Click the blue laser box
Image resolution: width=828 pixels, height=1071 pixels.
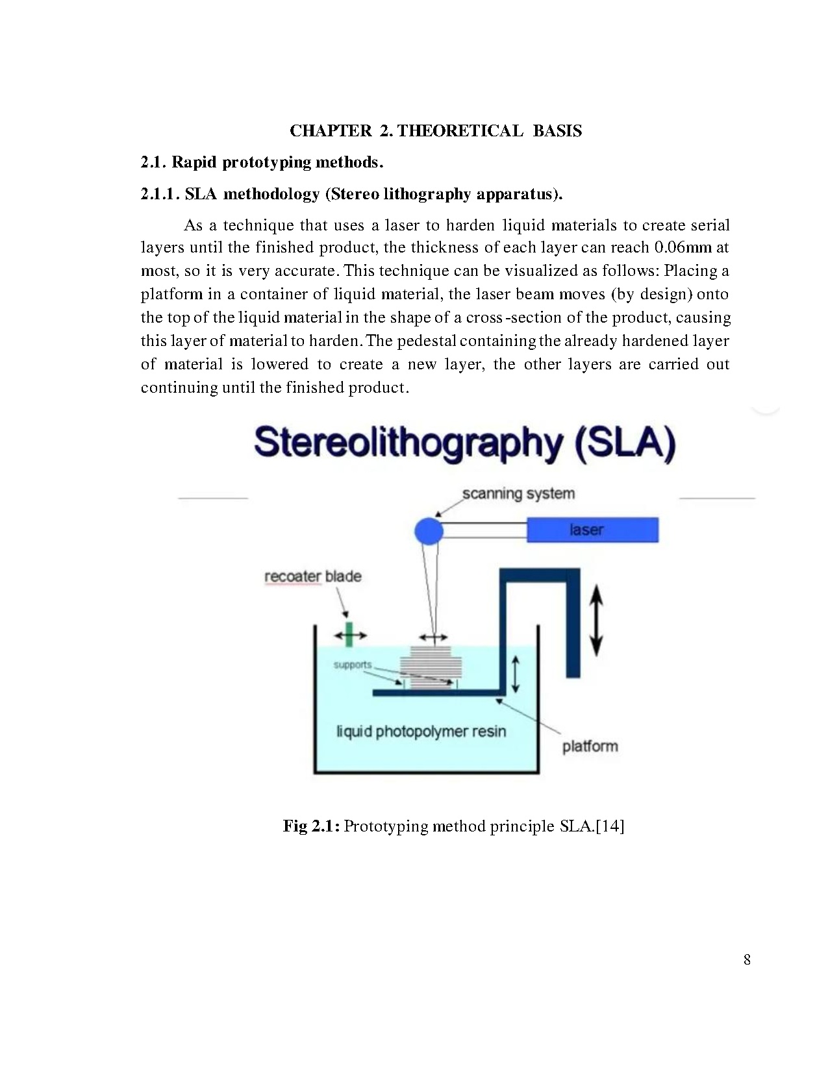pyautogui.click(x=592, y=530)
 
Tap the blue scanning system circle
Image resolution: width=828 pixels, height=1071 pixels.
pyautogui.click(x=429, y=531)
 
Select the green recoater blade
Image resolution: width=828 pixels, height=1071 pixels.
pyautogui.click(x=349, y=634)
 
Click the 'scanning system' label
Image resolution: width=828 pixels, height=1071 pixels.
pyautogui.click(x=518, y=493)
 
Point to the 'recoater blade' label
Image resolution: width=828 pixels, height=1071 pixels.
pyautogui.click(x=312, y=576)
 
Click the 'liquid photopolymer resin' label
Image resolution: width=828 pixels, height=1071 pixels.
pyautogui.click(x=421, y=732)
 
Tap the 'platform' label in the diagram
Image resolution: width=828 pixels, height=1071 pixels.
pyautogui.click(x=590, y=746)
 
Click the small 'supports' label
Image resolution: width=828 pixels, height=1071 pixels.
pyautogui.click(x=353, y=665)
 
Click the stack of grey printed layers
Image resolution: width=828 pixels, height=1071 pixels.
pyautogui.click(x=431, y=665)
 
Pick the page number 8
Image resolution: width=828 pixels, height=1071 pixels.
pyautogui.click(x=747, y=959)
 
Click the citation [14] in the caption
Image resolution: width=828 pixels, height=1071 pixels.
pyautogui.click(x=610, y=826)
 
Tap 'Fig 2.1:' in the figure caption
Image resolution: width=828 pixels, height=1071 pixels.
pyautogui.click(x=310, y=826)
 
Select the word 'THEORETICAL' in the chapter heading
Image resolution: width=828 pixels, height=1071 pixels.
pyautogui.click(x=460, y=131)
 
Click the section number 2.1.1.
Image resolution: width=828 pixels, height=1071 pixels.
pyautogui.click(x=159, y=194)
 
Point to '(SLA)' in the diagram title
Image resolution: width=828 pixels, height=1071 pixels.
pyautogui.click(x=625, y=444)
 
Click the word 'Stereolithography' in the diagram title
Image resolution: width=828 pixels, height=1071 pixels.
pyautogui.click(x=409, y=444)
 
